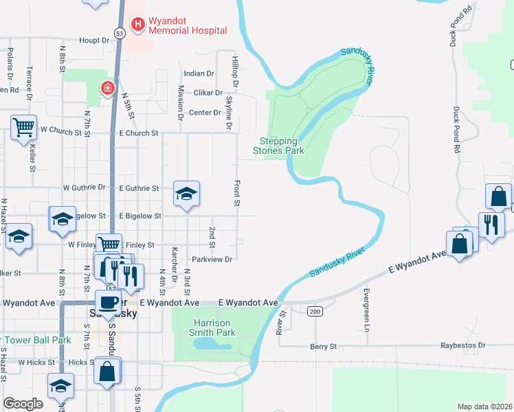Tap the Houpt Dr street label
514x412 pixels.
94,41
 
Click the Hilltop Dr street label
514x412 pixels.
235,71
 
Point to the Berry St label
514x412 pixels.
324,347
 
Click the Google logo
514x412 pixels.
23,404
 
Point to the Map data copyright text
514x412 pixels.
484,407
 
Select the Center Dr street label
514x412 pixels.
204,113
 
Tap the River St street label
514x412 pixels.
282,321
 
